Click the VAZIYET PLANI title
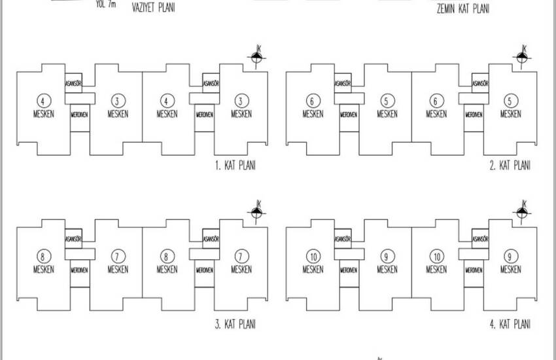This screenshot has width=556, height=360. tap(156, 8)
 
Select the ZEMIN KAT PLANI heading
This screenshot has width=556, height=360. tap(464, 9)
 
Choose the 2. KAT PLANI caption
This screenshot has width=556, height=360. tap(510, 166)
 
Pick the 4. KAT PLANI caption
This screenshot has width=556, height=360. tap(510, 323)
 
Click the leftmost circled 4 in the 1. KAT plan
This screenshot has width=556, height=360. tap(43, 101)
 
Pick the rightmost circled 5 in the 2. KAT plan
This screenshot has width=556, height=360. tap(510, 101)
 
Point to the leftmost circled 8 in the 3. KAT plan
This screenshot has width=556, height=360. tap(43, 256)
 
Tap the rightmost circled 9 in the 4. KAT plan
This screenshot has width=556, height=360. tap(510, 256)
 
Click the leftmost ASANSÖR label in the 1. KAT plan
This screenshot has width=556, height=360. tap(73, 84)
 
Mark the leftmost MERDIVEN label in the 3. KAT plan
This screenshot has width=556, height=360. tap(80, 269)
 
